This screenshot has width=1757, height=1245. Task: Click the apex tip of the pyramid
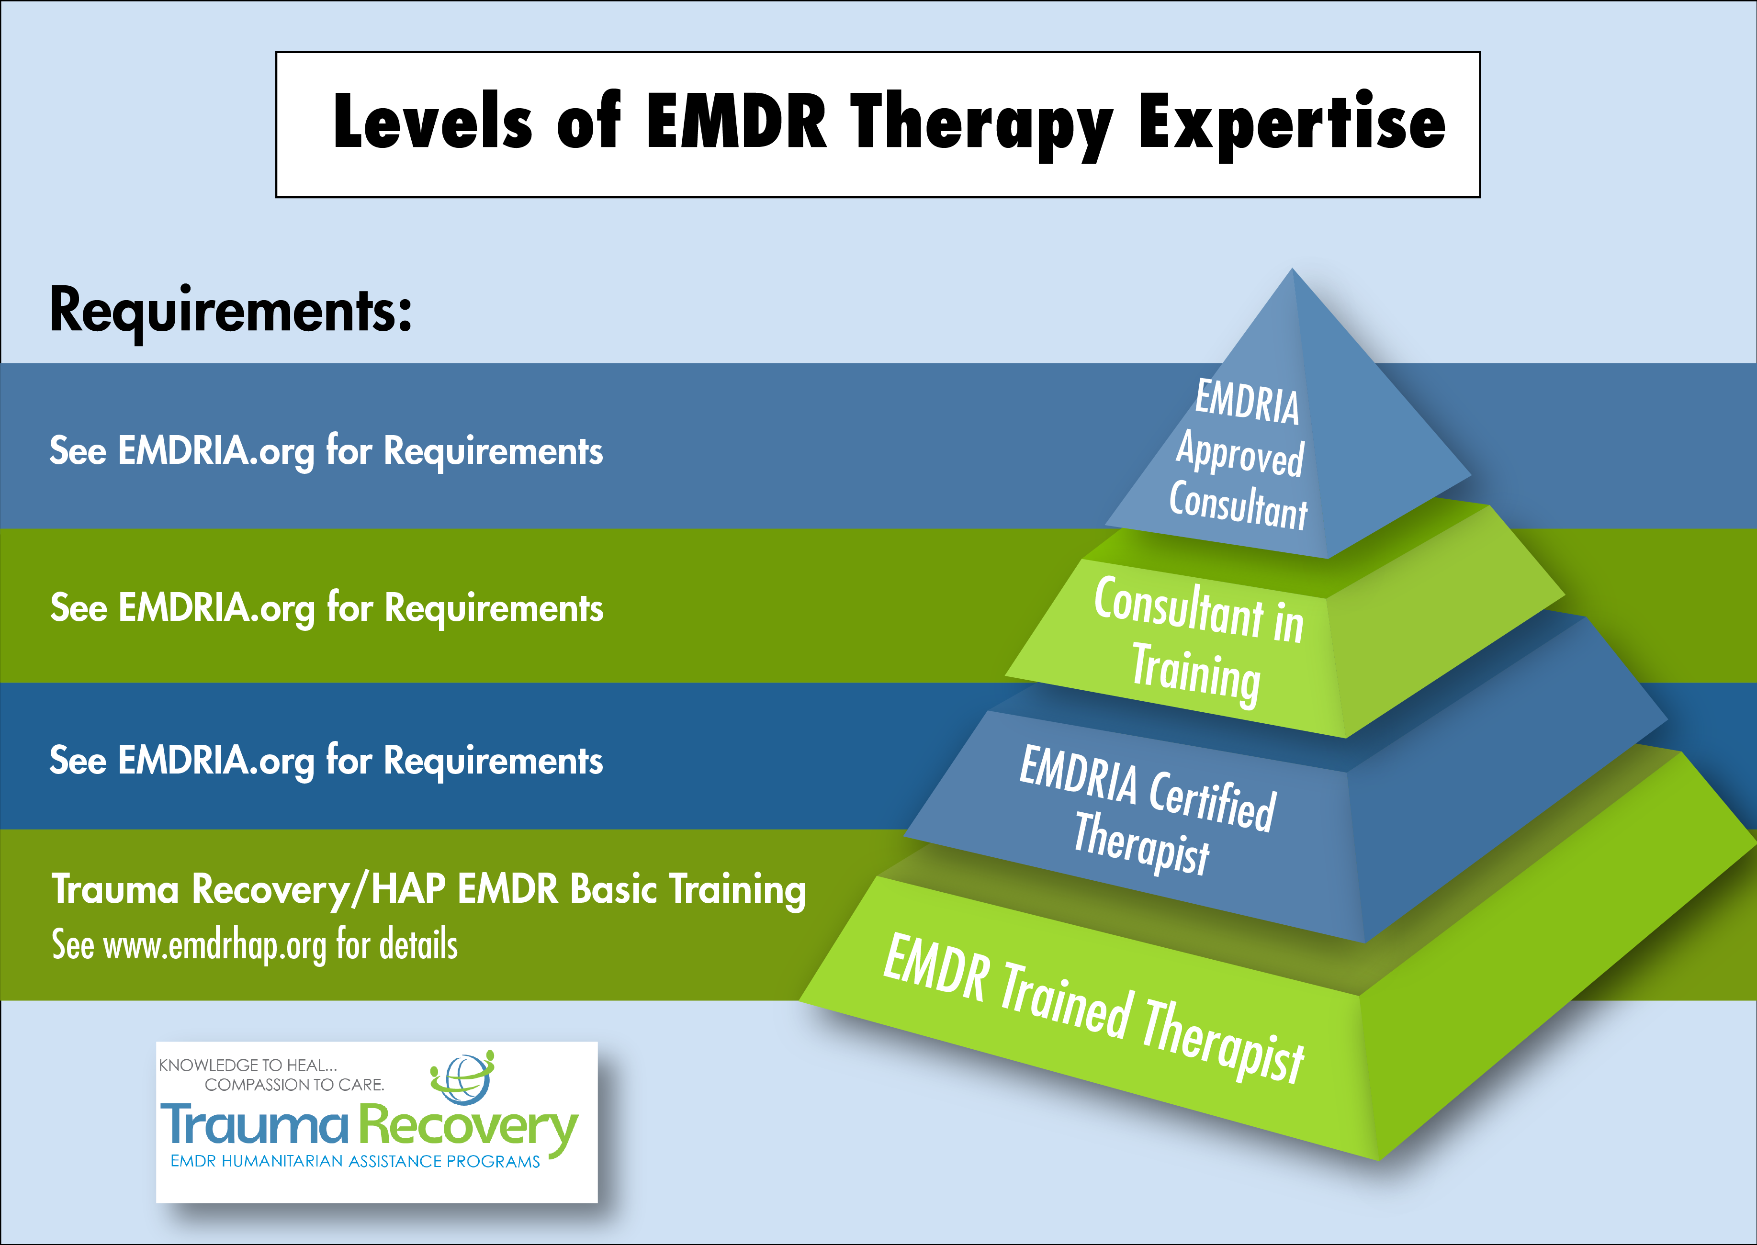point(1293,269)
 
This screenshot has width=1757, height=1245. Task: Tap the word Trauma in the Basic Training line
point(115,889)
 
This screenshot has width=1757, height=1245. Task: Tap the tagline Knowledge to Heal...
point(248,1065)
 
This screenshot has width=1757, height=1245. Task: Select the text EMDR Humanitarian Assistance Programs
point(355,1161)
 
